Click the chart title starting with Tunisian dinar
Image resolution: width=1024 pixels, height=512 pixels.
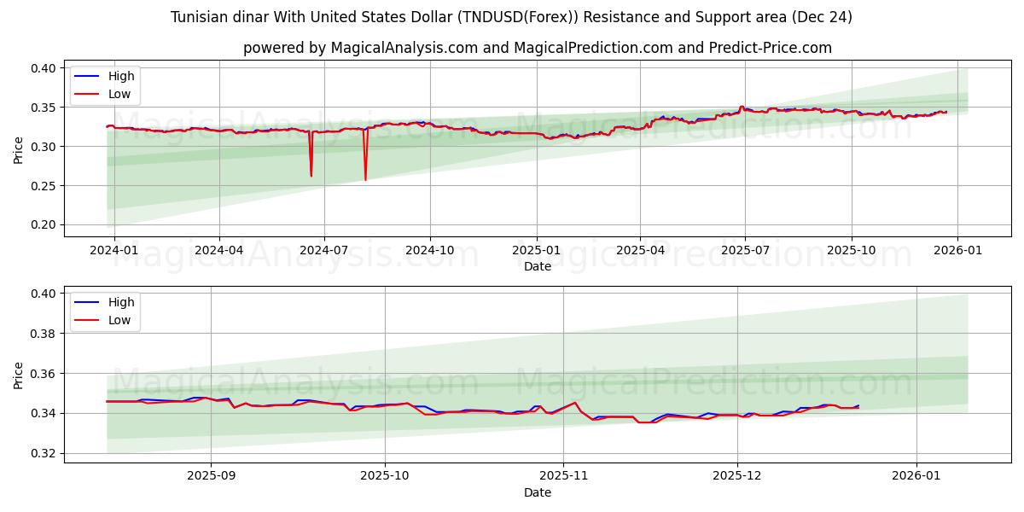pyautogui.click(x=511, y=17)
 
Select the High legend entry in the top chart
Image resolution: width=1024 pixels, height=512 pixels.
pyautogui.click(x=120, y=76)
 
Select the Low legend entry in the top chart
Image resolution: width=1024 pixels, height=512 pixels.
pyautogui.click(x=119, y=94)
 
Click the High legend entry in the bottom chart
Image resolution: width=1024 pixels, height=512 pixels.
pyautogui.click(x=120, y=302)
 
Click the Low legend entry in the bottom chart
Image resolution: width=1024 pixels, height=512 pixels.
pyautogui.click(x=119, y=320)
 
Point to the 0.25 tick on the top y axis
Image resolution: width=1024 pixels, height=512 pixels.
pyautogui.click(x=43, y=186)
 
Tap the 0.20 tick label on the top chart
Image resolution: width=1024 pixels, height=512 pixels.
pyautogui.click(x=43, y=225)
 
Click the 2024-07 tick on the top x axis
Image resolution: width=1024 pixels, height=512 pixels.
pyautogui.click(x=323, y=251)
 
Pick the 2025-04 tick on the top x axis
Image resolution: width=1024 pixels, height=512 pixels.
pyautogui.click(x=640, y=251)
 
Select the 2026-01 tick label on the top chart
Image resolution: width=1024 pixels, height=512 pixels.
pyautogui.click(x=957, y=251)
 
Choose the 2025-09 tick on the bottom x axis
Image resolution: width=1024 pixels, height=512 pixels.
pyautogui.click(x=211, y=477)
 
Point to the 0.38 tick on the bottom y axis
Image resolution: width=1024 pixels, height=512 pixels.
pyautogui.click(x=43, y=334)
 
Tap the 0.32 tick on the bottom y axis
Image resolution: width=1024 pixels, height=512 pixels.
pyautogui.click(x=43, y=453)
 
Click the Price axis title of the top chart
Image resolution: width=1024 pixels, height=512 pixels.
pyautogui.click(x=19, y=148)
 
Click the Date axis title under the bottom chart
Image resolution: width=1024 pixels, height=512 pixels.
pyautogui.click(x=537, y=492)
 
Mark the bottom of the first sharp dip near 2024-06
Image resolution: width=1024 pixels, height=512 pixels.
pyautogui.click(x=311, y=176)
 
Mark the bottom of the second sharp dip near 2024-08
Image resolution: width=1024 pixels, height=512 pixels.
pyautogui.click(x=365, y=179)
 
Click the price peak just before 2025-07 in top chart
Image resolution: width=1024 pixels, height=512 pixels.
pyautogui.click(x=742, y=107)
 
